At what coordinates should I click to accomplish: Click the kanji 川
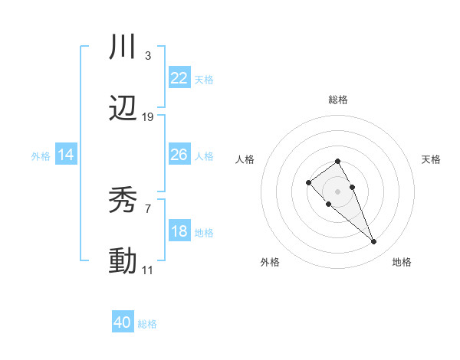[123, 47]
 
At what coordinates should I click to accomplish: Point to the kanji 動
[123, 261]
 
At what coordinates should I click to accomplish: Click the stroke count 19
[148, 117]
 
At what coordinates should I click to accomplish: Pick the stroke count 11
[148, 270]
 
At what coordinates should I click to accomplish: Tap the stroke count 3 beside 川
[147, 56]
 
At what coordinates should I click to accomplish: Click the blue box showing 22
[179, 77]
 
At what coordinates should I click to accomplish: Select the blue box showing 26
[179, 155]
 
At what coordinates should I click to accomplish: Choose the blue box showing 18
[179, 231]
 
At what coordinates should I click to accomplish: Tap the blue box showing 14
[66, 155]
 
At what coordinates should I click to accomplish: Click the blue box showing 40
[123, 322]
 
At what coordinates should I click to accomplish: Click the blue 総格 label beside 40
[147, 324]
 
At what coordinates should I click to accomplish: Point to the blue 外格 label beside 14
[41, 156]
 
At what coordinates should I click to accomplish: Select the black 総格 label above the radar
[338, 100]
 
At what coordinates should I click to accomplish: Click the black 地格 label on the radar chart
[402, 262]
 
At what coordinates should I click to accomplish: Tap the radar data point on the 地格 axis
[374, 242]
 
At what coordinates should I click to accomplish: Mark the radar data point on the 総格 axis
[338, 161]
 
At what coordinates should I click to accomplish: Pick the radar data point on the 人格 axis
[308, 182]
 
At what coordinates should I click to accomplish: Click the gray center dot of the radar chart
[338, 191]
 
